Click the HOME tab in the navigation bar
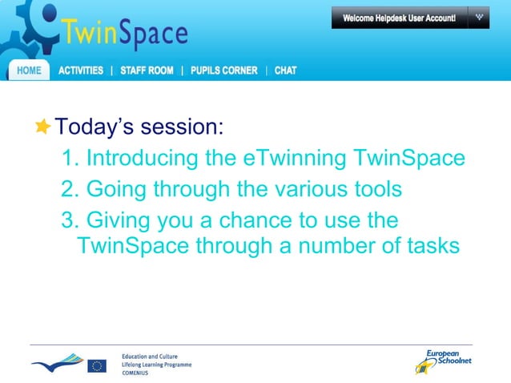(29, 71)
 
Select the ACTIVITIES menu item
(81, 71)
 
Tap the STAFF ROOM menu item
(147, 71)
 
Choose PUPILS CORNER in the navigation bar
(224, 71)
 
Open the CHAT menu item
(285, 71)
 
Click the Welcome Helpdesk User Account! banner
(399, 18)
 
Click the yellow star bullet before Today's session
(42, 127)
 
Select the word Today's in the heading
(93, 127)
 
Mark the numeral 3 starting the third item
(66, 220)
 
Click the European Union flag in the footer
(97, 365)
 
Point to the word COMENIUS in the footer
(137, 373)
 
